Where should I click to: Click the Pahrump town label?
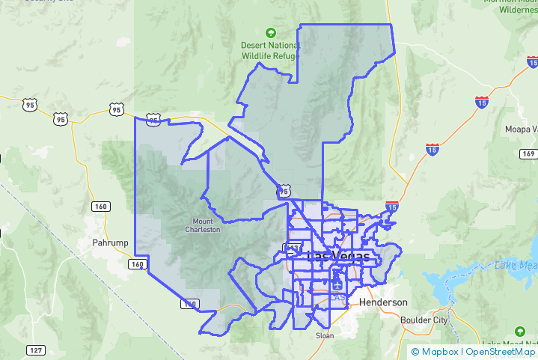tap(111, 243)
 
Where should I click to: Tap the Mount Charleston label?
tap(203, 225)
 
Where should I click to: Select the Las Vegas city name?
tap(338, 257)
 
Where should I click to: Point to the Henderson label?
tap(383, 302)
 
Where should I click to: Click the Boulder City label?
tap(424, 320)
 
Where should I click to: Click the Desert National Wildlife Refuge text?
tap(270, 50)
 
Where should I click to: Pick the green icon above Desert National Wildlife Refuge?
tap(270, 33)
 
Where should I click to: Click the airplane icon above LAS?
tap(336, 284)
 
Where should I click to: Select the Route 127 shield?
tap(35, 350)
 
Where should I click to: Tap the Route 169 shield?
tap(529, 154)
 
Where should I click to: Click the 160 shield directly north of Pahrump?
tap(100, 206)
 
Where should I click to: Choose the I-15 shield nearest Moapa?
tap(482, 101)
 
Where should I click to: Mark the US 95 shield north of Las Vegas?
tap(282, 191)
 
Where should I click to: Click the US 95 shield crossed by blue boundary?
tap(153, 120)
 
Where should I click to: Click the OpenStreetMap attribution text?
tap(501, 352)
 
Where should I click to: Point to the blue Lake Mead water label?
tap(516, 266)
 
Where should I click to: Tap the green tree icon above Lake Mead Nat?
tap(520, 332)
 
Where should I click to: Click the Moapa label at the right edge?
tap(521, 129)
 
